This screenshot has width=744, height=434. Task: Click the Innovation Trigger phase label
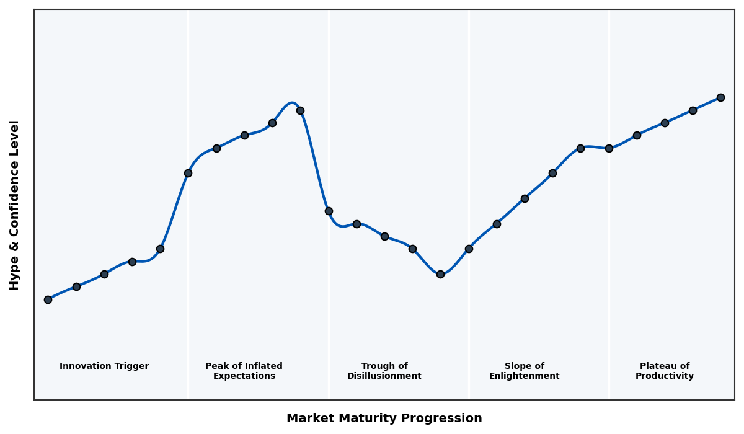point(104,366)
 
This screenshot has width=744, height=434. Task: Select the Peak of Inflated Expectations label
point(244,371)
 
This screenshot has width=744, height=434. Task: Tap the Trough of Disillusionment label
point(384,371)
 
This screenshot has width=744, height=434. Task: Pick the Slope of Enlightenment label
point(524,371)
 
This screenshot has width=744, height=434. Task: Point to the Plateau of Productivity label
point(665,371)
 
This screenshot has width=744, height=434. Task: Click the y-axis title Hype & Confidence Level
point(15,205)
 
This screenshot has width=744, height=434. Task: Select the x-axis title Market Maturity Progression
point(384,418)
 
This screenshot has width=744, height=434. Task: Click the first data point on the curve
point(48,299)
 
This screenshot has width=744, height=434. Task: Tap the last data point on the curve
point(720,97)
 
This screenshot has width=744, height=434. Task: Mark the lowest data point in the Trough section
point(440,274)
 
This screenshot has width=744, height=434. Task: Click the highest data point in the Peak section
point(300,110)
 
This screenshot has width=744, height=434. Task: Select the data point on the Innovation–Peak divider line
point(188,173)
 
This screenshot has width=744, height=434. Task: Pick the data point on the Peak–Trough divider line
point(329,211)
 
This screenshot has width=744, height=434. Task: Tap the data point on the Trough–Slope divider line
point(469,249)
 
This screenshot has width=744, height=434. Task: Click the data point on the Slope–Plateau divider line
point(609,148)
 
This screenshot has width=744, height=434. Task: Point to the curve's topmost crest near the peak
point(292,103)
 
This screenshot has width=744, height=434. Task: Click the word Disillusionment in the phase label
point(384,376)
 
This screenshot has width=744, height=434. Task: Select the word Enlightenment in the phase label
point(524,376)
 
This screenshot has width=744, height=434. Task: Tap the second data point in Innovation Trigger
point(76,286)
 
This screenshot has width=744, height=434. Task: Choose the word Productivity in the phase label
point(665,376)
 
